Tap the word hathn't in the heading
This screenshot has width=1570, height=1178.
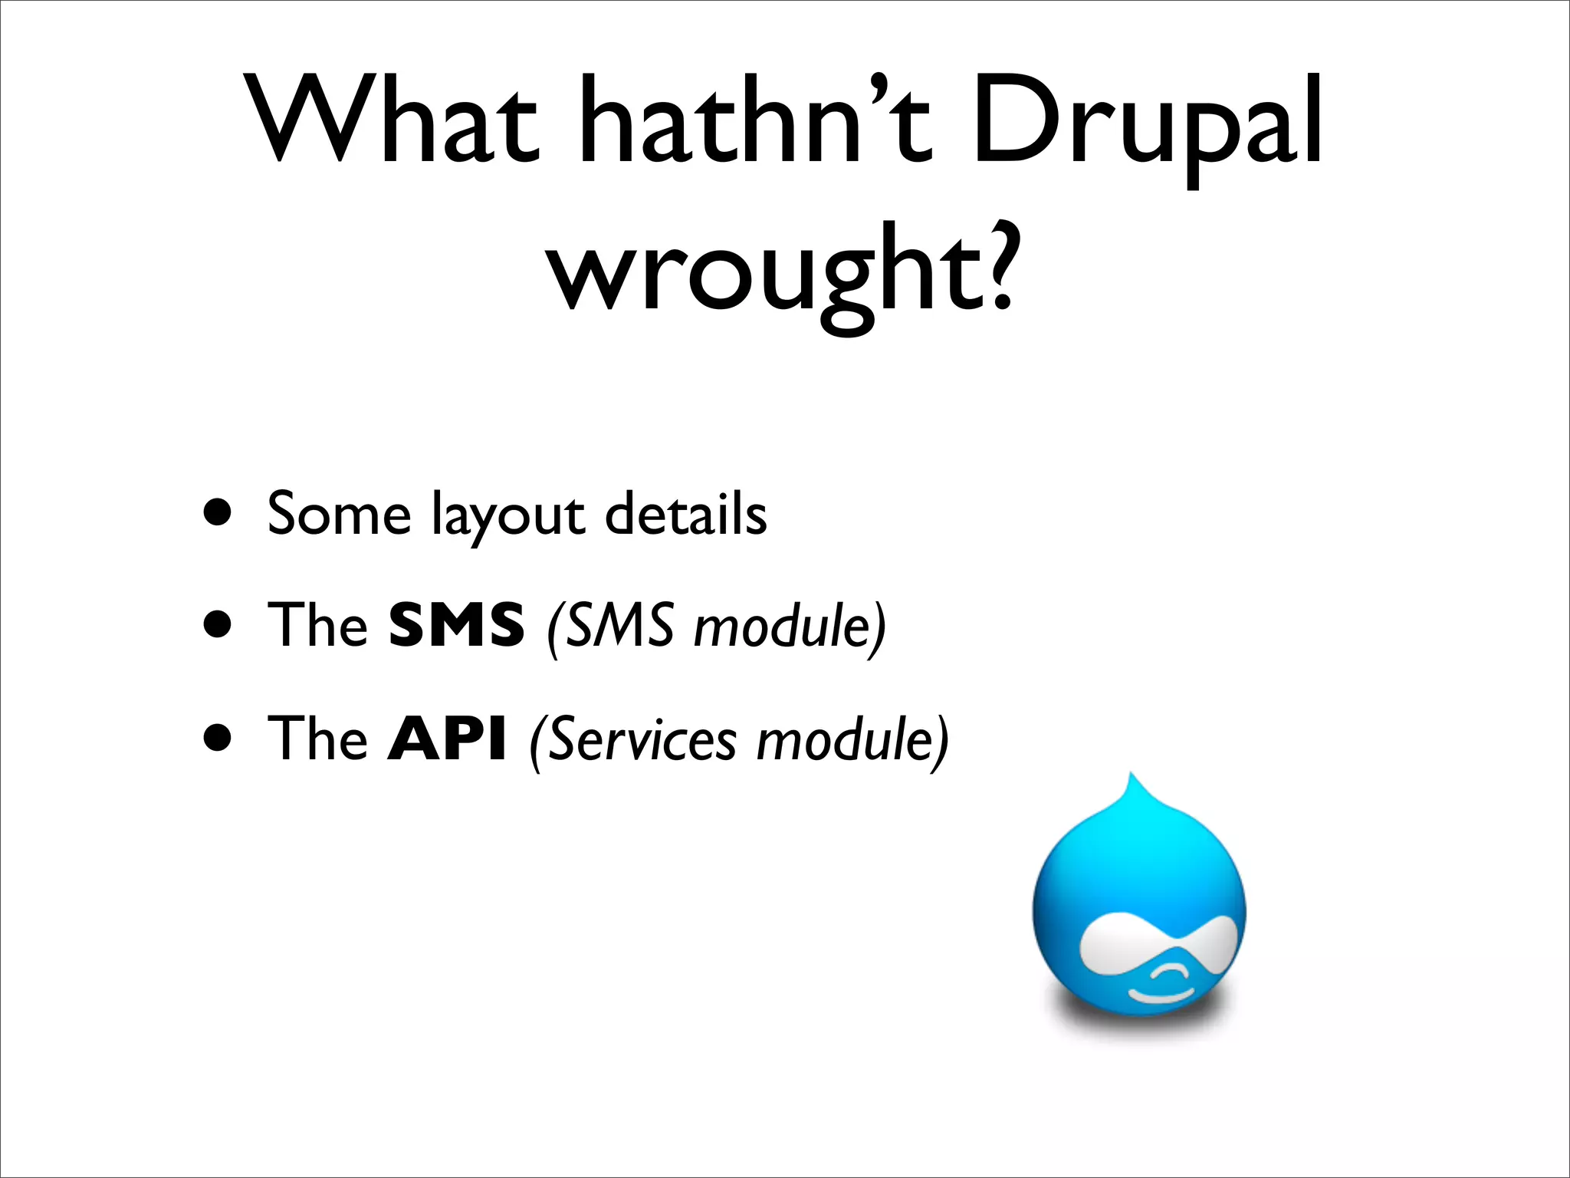[x=755, y=120]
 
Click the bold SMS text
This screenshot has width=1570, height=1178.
[x=456, y=624]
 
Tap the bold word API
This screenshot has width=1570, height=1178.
[x=447, y=739]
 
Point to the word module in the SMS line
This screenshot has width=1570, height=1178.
[x=782, y=626]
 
